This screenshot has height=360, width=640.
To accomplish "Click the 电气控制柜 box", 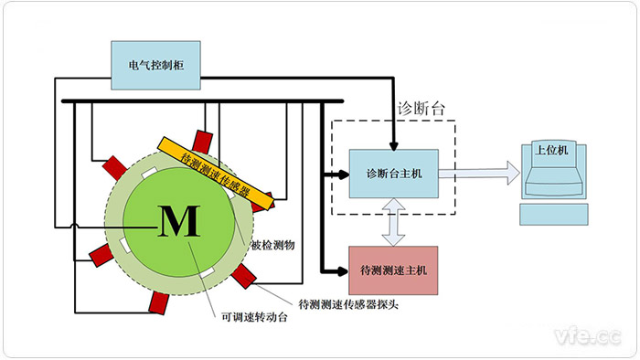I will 155,65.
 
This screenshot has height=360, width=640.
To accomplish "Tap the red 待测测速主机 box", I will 394,269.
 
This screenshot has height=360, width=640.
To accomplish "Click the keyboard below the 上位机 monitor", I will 552,215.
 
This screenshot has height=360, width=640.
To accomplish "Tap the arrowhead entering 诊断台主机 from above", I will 395,143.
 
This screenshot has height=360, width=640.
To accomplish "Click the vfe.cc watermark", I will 584,333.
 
